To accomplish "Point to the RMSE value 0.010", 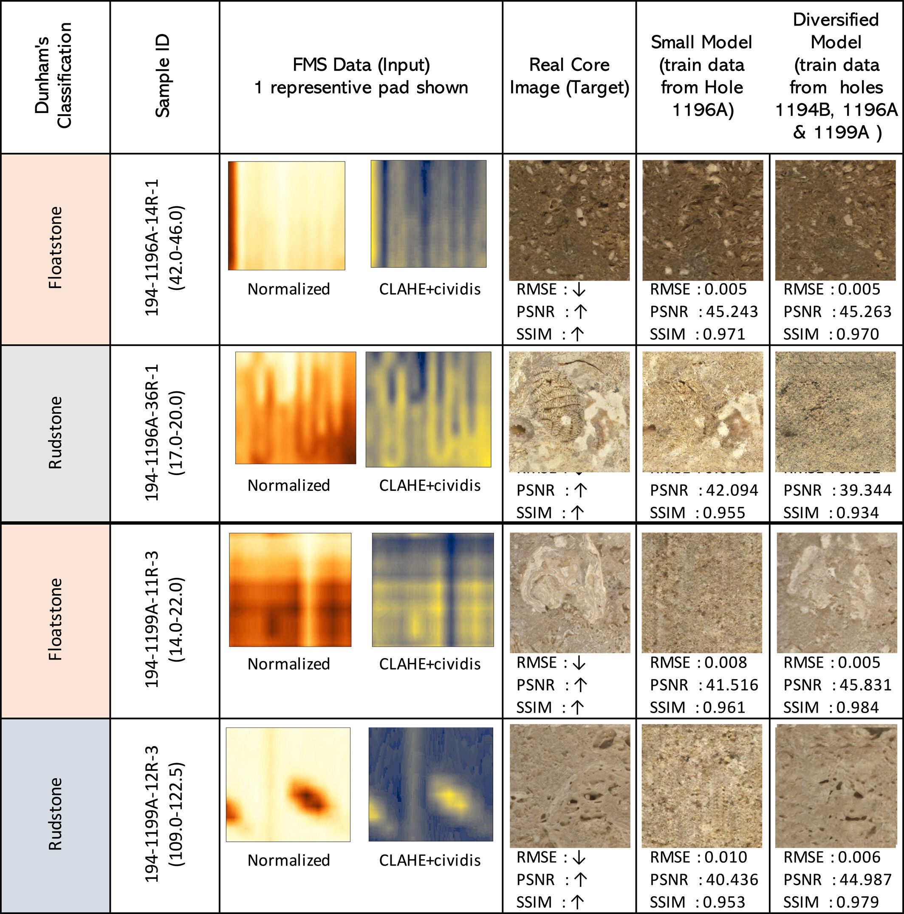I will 726,857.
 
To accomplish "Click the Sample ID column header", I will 163,76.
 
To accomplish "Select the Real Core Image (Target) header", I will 569,76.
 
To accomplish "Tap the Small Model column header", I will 701,76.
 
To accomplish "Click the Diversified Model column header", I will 836,76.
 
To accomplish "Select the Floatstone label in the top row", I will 55,247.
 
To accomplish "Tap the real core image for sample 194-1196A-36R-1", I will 569,411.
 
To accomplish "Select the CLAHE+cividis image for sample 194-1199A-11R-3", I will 432,589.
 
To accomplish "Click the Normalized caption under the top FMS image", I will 288,289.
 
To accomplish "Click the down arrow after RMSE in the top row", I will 579,289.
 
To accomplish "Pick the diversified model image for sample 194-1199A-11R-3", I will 836,592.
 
